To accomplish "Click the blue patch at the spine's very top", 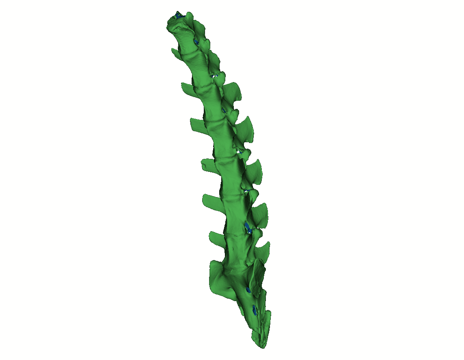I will click(178, 15).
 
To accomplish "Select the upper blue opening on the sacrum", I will click(248, 290).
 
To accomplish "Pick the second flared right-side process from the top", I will click(246, 128).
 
